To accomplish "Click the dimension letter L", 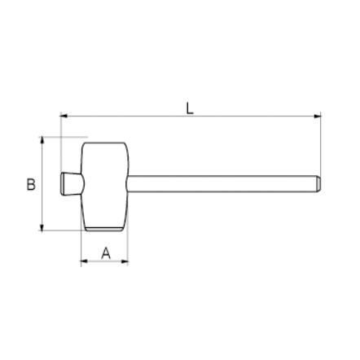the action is click(x=190, y=108).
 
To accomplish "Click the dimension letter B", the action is click(x=31, y=184).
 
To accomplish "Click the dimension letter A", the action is click(x=106, y=253).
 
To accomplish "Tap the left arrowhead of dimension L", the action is click(x=64, y=116).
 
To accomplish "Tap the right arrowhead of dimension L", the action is click(x=317, y=116).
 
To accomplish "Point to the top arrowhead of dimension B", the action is click(x=42, y=140).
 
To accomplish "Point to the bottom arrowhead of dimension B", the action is click(x=42, y=227).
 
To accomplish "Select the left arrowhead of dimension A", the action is click(x=85, y=261).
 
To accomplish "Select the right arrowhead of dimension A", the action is click(x=125, y=261).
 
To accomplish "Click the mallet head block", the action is click(x=105, y=187).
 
